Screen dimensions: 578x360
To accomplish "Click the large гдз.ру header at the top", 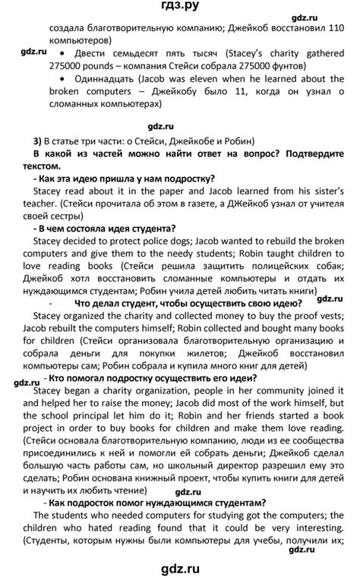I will click(180, 9).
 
